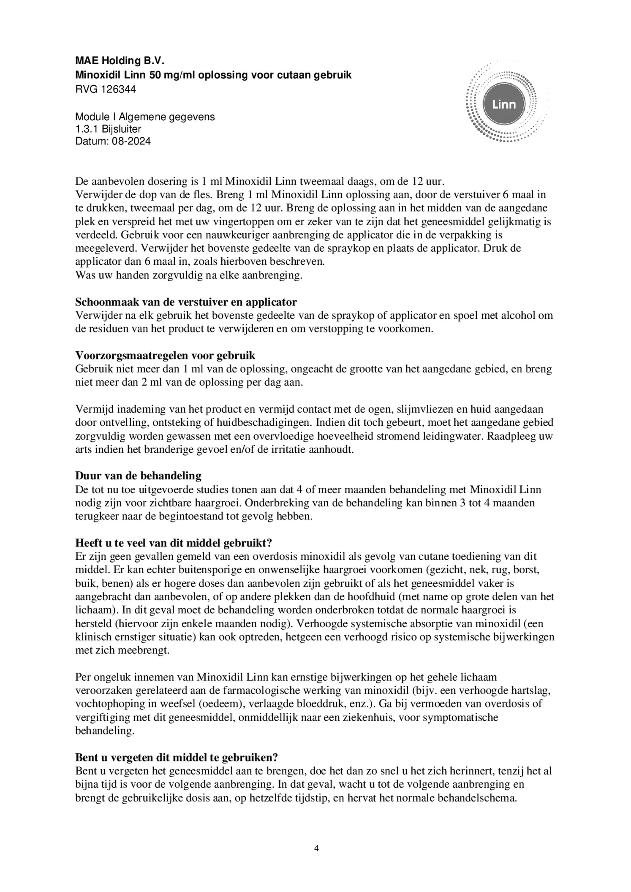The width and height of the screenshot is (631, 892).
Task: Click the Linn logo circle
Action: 504,104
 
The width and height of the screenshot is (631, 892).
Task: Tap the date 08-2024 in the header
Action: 131,141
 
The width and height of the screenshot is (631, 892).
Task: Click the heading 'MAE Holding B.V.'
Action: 120,61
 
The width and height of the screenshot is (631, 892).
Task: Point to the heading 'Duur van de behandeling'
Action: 138,476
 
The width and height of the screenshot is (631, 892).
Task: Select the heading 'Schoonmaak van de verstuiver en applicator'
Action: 186,302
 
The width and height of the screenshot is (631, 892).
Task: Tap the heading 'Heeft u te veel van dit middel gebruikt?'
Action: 176,543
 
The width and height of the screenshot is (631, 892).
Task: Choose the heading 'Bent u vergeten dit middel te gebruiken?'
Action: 177,757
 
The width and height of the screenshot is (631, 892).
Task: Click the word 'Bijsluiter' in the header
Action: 121,129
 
